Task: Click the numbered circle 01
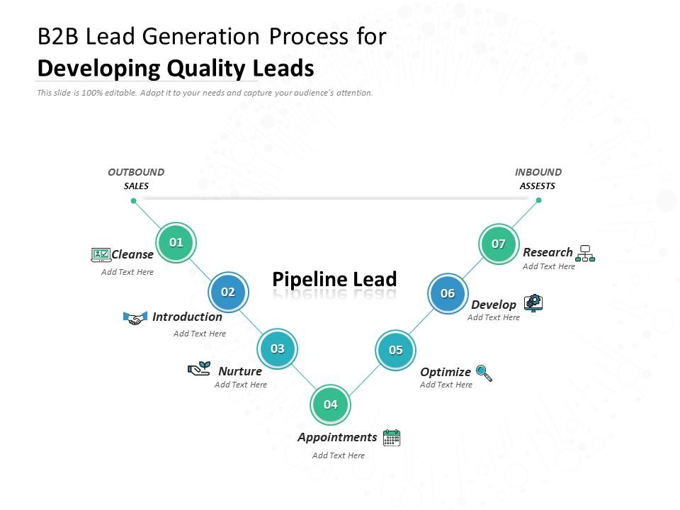176,242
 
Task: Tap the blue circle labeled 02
228,292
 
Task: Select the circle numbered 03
278,348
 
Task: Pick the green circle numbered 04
331,404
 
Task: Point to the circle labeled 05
395,350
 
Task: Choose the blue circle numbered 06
448,293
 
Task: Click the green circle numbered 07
499,244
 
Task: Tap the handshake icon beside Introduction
135,318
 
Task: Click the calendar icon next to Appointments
392,438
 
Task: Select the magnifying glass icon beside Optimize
484,373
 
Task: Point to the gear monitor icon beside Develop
533,303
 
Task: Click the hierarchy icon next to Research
585,253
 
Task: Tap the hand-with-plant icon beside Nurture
199,368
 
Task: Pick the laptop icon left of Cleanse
101,254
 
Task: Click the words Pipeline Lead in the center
334,279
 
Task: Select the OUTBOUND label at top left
136,172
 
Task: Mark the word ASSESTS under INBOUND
538,186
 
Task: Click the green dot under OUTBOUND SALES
133,201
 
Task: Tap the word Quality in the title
207,69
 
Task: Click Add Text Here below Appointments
339,455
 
